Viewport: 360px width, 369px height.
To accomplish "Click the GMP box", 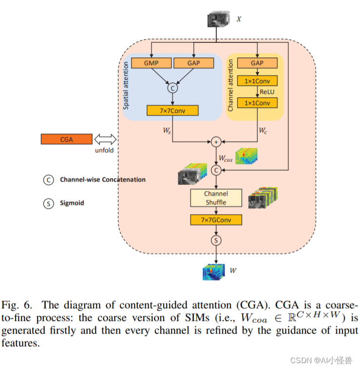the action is click(151, 63).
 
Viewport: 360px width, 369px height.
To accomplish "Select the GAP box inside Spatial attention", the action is click(193, 63).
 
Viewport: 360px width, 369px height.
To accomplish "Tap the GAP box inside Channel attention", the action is click(257, 63).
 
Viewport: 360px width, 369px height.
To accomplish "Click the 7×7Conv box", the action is click(172, 111).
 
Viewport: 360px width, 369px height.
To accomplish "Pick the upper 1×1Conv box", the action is click(257, 81).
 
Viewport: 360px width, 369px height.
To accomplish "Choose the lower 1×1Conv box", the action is click(257, 103).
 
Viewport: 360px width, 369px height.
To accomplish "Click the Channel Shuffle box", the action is click(216, 198).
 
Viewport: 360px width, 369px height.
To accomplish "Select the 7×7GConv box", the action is click(216, 220).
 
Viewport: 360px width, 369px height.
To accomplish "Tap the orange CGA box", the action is click(67, 139).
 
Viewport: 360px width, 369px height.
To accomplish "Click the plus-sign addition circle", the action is click(216, 142).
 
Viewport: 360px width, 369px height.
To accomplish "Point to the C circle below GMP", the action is click(172, 88).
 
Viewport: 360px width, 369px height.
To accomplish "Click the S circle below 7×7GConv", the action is click(216, 240).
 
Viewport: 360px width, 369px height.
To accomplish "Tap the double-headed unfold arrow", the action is click(105, 139).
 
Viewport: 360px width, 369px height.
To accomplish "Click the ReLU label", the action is click(267, 92).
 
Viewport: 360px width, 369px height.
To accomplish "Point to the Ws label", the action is click(167, 130).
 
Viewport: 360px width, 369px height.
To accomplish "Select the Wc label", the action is click(263, 130).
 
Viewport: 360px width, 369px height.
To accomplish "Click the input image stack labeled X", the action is click(219, 19).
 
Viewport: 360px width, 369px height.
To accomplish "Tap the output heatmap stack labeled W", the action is click(213, 272).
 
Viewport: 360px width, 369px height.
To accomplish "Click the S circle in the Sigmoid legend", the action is click(49, 203).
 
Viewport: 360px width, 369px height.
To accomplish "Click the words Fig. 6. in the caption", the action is click(17, 305).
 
